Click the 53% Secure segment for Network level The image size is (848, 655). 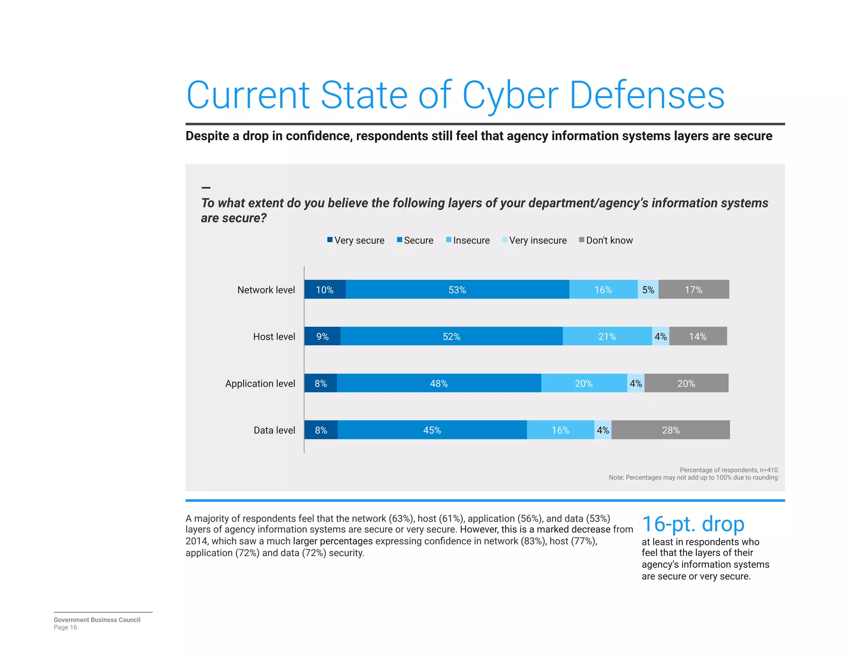tap(457, 289)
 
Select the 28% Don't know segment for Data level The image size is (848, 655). tap(670, 430)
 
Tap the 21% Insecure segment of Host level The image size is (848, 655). tap(607, 336)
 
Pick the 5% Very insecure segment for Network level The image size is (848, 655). tap(648, 289)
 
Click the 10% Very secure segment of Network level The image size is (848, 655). tap(325, 289)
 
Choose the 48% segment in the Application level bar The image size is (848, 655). tap(439, 383)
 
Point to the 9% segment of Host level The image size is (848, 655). tap(322, 336)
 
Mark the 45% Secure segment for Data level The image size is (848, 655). tap(432, 430)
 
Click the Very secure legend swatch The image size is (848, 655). tap(330, 240)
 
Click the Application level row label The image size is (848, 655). tap(260, 383)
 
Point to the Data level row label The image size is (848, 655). tap(274, 430)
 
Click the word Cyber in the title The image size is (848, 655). tap(510, 95)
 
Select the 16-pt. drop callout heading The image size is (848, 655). tap(693, 524)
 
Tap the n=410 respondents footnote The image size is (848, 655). tap(728, 470)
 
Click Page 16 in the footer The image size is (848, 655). tap(65, 627)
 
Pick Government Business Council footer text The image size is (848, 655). tap(97, 620)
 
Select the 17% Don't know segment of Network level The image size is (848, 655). tap(693, 289)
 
